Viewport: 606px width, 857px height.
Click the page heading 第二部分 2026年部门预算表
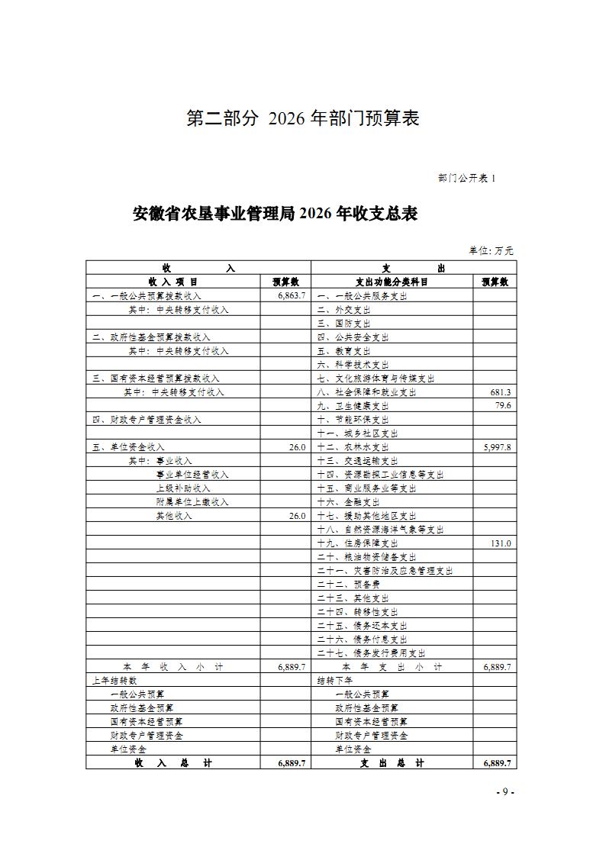coord(303,119)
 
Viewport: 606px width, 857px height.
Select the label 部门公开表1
coord(466,178)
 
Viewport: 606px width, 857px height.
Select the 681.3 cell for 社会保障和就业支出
coord(501,392)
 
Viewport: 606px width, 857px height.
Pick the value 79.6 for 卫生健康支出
coord(503,406)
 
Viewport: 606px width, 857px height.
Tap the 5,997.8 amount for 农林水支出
coord(497,447)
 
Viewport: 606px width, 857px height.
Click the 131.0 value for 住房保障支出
coord(501,543)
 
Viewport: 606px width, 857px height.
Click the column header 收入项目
coord(172,282)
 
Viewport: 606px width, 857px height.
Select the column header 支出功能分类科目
coord(392,282)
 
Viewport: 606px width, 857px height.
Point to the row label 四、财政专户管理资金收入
coord(147,420)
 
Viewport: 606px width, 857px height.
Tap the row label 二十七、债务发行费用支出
coord(371,653)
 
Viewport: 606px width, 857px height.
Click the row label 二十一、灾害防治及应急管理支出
coord(385,571)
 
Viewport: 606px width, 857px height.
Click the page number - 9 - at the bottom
coord(505,792)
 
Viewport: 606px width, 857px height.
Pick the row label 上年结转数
coord(114,681)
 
